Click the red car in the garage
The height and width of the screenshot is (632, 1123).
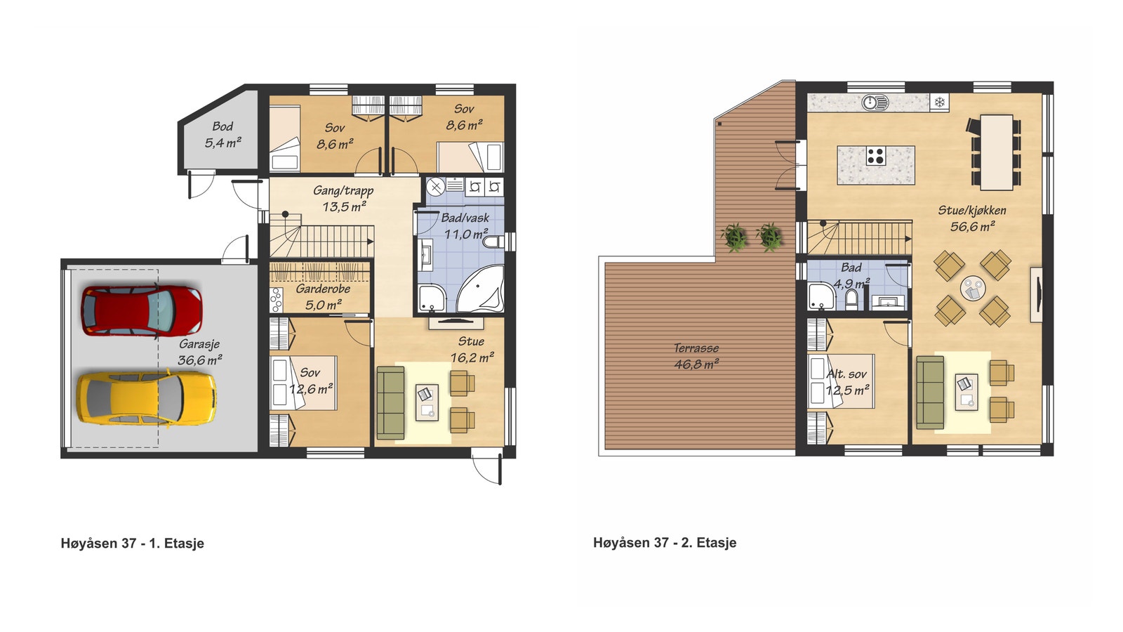pos(142,310)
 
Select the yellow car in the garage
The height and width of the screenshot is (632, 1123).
pos(147,398)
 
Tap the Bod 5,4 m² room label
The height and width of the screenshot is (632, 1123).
pos(222,134)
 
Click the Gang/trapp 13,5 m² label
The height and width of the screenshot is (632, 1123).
pos(343,198)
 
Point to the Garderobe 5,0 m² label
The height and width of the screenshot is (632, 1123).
pos(323,296)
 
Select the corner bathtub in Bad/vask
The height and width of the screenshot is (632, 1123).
pos(481,289)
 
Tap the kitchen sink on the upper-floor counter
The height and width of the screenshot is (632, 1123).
pos(875,103)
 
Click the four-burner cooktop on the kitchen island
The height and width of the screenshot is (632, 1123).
pos(875,155)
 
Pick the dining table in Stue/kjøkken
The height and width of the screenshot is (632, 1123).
pos(997,152)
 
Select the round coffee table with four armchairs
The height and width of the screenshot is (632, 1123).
pos(973,289)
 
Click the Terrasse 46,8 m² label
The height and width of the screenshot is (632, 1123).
pos(696,355)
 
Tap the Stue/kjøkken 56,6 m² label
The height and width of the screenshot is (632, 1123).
pos(972,218)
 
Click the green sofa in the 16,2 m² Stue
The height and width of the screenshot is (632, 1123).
pos(390,403)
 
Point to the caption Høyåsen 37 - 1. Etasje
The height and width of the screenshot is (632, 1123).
pos(133,544)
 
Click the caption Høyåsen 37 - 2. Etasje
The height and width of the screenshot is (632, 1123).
pos(665,542)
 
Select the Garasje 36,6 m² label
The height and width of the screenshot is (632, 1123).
pos(199,352)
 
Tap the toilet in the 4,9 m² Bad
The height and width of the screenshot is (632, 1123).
pos(851,300)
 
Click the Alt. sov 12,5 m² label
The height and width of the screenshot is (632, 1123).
pos(846,382)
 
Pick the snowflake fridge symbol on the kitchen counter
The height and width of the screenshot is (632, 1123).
pos(940,103)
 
